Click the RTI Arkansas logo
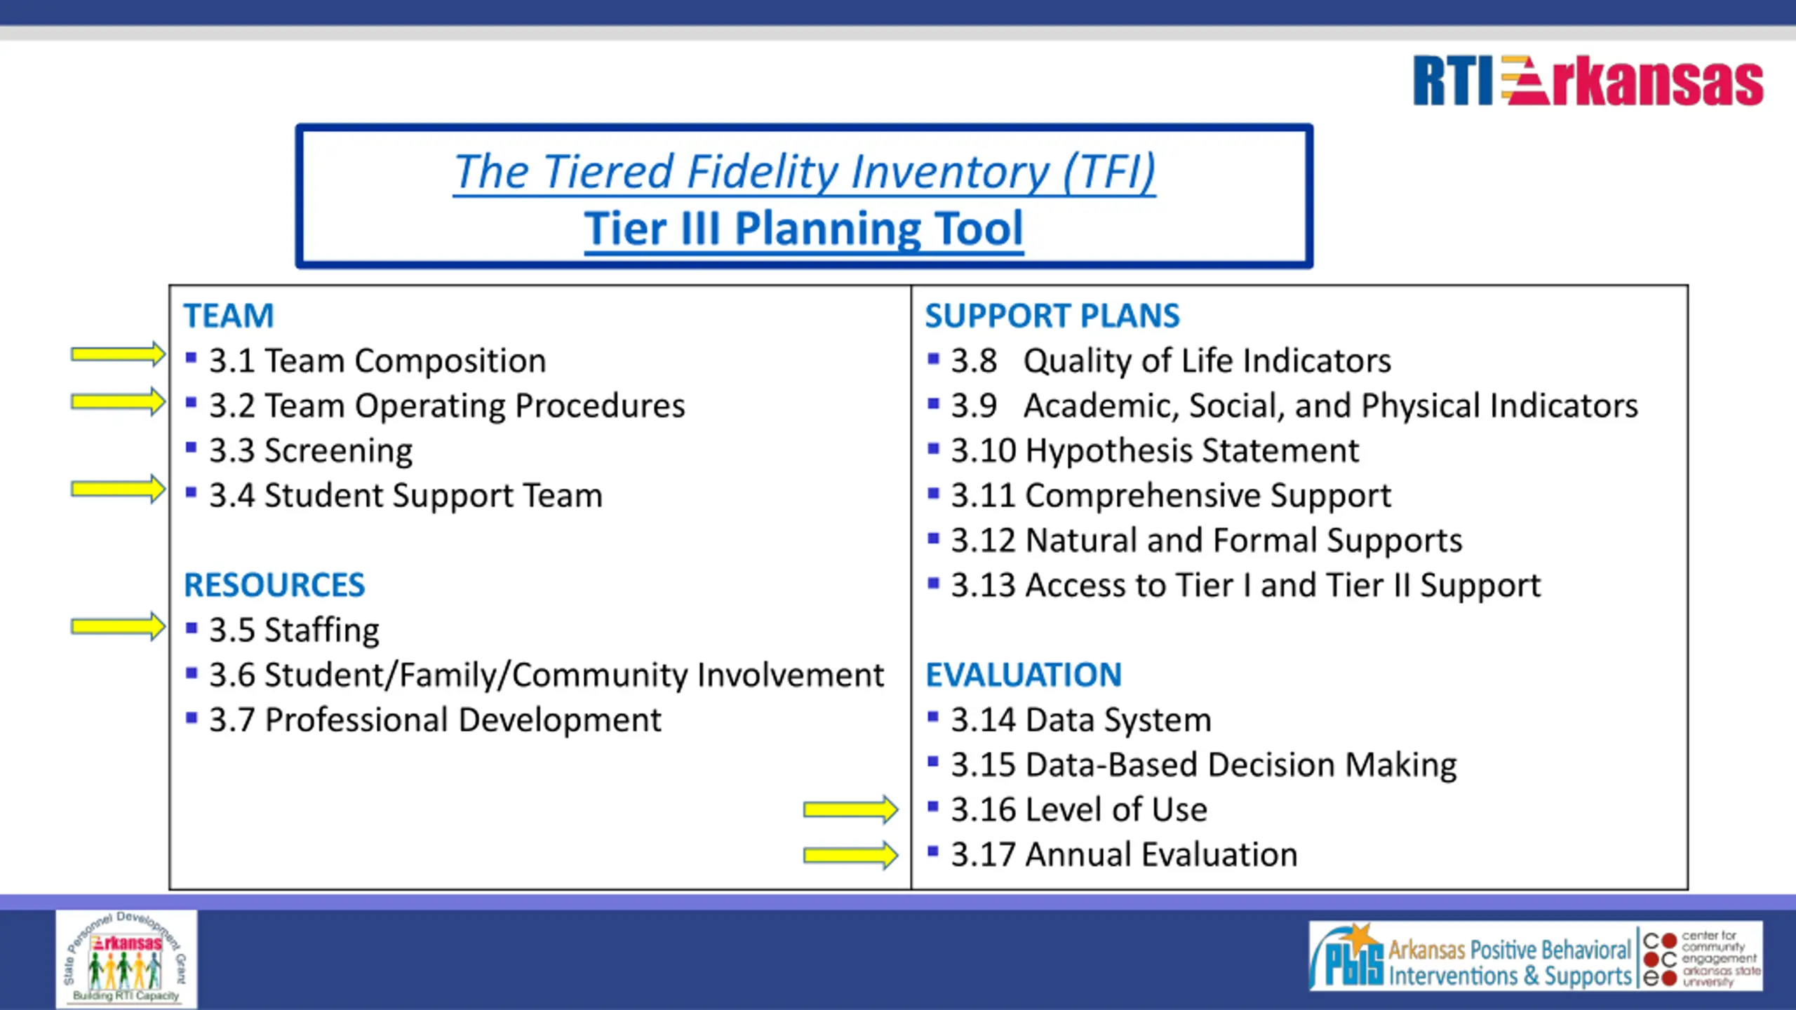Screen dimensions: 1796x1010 point(1588,81)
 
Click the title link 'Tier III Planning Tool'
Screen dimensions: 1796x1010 point(804,229)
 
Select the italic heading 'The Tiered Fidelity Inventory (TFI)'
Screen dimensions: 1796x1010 point(804,172)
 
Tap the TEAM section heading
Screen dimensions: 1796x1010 point(229,316)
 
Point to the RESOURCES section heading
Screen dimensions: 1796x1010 point(274,585)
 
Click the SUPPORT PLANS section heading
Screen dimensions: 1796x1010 point(1052,316)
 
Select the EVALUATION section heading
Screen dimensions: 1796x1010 point(1024,675)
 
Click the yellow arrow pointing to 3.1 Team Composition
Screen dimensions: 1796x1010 point(118,355)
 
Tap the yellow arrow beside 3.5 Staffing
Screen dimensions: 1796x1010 point(118,626)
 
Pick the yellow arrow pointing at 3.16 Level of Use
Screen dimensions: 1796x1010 point(850,810)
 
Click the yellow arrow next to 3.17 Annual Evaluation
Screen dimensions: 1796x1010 point(850,855)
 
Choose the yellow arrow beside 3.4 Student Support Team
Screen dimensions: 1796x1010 point(118,489)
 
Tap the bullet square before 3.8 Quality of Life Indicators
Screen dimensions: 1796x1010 point(933,359)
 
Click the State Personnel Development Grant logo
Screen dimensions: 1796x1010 point(126,958)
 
